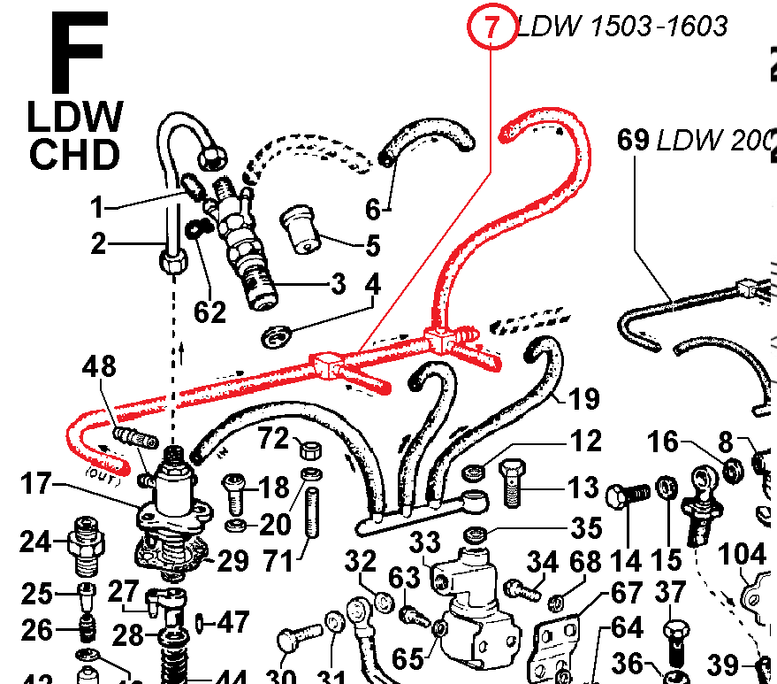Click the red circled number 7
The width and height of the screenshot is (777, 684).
[491, 27]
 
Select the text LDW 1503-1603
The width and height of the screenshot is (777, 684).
[622, 27]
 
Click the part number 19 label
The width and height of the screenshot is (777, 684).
[583, 399]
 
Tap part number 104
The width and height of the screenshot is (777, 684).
[743, 555]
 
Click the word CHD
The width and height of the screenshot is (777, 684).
[74, 155]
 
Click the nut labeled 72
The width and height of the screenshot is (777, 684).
[309, 450]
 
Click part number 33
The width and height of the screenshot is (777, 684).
[423, 542]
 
